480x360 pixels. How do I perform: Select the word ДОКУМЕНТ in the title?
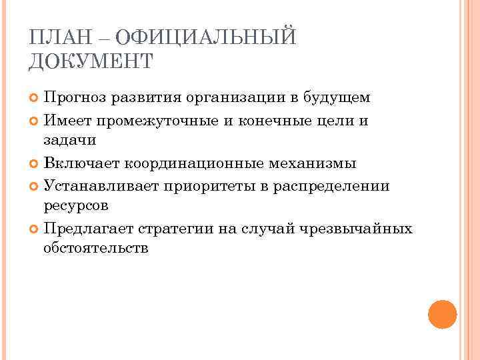[91, 61]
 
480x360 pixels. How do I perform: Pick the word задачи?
[70, 140]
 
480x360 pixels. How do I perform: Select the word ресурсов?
[75, 205]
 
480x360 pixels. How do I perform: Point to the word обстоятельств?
[95, 249]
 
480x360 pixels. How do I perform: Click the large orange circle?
[442, 313]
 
